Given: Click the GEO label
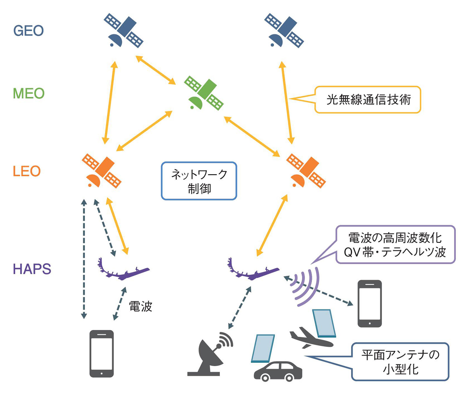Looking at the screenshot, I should click(x=28, y=31).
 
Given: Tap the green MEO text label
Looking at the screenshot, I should click(x=28, y=94).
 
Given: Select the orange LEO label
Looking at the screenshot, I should click(x=26, y=171).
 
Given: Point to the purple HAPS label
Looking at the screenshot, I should click(x=32, y=269).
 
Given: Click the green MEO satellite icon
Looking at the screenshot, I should click(x=204, y=93).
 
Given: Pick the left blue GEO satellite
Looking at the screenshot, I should click(x=124, y=31).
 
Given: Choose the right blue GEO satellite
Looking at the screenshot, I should click(x=284, y=31).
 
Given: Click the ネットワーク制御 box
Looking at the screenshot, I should click(x=199, y=181).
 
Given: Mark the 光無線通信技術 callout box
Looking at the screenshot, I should click(x=368, y=100).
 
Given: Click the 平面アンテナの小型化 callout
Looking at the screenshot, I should click(x=400, y=362).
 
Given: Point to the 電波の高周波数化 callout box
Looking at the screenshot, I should click(x=395, y=244).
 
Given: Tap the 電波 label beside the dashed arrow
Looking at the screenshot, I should click(x=140, y=307).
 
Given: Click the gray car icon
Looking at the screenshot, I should click(x=278, y=371).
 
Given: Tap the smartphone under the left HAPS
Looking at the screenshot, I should click(x=101, y=354).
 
